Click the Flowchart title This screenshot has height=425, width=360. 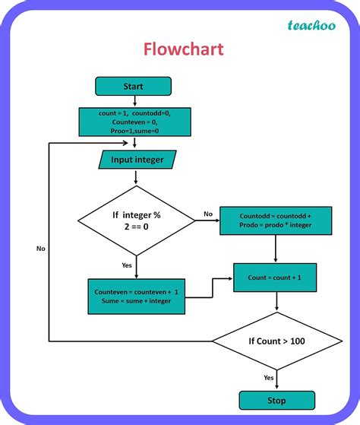click(183, 49)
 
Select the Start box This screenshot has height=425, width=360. click(133, 86)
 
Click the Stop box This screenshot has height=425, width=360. click(276, 400)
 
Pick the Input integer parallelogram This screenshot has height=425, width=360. click(136, 160)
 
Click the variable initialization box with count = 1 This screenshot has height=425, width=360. click(134, 122)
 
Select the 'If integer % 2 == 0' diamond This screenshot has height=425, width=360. click(136, 221)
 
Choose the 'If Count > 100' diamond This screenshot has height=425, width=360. click(276, 341)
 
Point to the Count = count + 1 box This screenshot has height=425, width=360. click(274, 278)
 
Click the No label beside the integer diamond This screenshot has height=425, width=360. click(207, 214)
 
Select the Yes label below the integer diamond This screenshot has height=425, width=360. click(126, 265)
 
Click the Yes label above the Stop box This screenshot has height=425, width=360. click(268, 377)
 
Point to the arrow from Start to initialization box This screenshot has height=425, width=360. click(134, 101)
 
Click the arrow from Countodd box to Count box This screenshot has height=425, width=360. click(274, 248)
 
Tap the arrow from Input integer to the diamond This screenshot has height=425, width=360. click(136, 177)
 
